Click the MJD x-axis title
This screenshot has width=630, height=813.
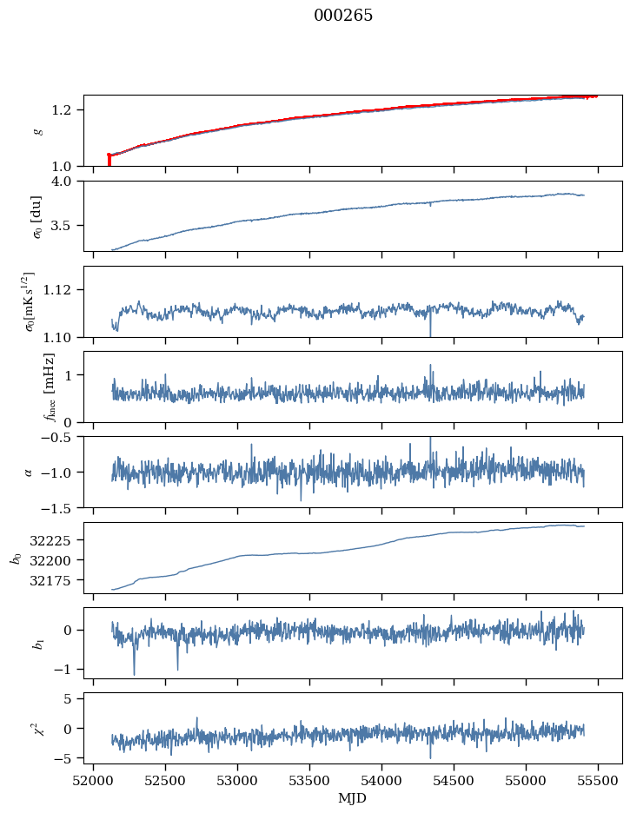click(353, 798)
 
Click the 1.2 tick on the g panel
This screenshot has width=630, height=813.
click(70, 110)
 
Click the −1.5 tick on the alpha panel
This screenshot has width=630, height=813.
click(63, 507)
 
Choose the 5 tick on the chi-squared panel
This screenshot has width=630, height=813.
click(76, 698)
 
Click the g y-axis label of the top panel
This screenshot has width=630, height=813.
click(37, 130)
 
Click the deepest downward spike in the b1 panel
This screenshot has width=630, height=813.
click(134, 673)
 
